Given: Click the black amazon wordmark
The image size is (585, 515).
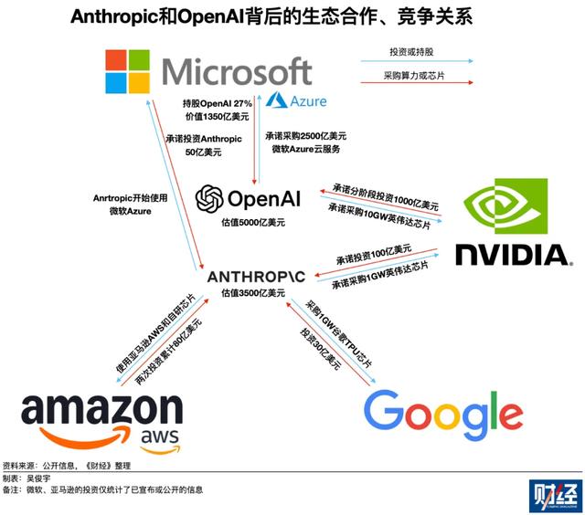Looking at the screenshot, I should (101, 410).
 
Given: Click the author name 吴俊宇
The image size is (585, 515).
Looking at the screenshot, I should (40, 478).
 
